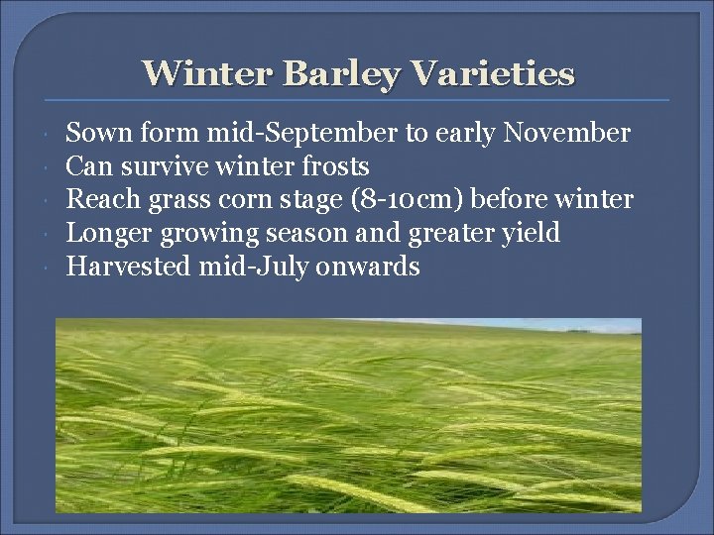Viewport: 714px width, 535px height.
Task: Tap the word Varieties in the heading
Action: click(492, 73)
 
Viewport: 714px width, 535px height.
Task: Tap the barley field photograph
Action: click(348, 415)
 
